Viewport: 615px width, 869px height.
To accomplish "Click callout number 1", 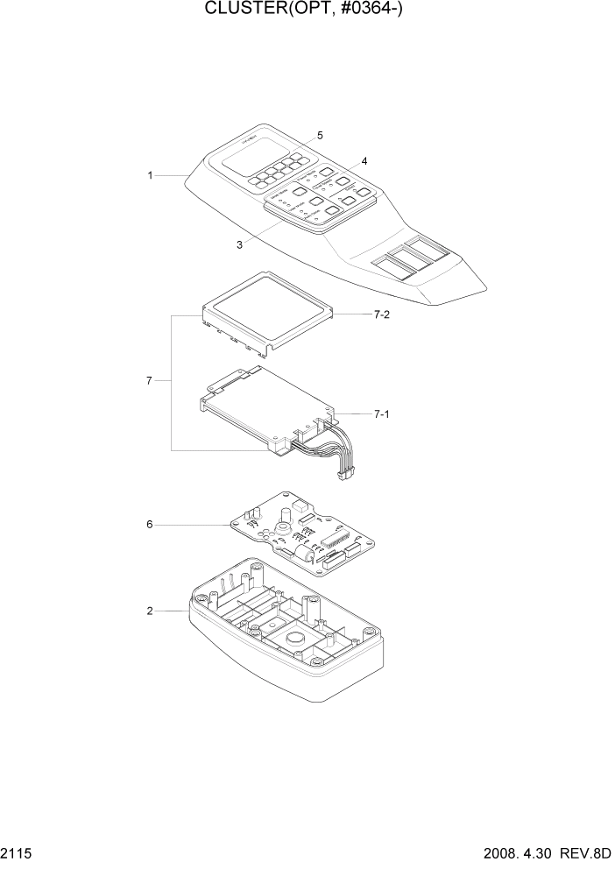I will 150,176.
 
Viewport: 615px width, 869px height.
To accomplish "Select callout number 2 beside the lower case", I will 150,611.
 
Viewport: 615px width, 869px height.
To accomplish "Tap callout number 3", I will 239,244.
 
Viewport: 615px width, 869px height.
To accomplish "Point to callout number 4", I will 364,160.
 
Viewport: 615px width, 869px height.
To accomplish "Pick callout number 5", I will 320,136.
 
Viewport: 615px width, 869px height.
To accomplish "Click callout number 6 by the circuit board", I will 150,524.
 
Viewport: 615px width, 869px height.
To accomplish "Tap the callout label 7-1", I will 381,413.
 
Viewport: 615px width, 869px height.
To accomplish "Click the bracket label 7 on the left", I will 150,381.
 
